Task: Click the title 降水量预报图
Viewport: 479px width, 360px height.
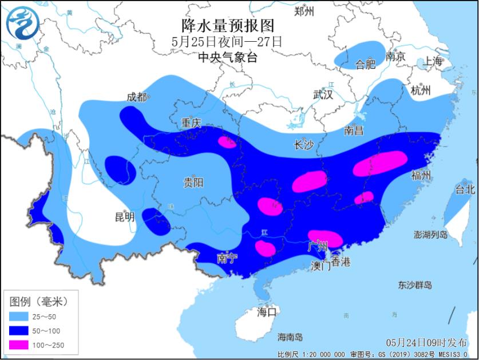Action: click(x=228, y=25)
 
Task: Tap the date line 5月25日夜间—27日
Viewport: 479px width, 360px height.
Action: click(x=228, y=42)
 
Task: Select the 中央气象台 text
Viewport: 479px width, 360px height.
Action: click(x=228, y=57)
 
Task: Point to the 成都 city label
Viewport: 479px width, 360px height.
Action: click(x=136, y=97)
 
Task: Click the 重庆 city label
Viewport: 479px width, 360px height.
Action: click(x=189, y=123)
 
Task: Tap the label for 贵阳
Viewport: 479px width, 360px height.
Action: click(x=193, y=183)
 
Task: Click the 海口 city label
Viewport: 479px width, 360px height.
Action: click(x=266, y=312)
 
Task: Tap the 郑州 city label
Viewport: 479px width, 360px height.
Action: click(x=304, y=11)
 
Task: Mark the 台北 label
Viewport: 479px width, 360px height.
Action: click(x=465, y=189)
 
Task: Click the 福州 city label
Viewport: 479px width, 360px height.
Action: click(x=421, y=175)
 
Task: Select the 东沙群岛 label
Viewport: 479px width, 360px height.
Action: click(x=415, y=285)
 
